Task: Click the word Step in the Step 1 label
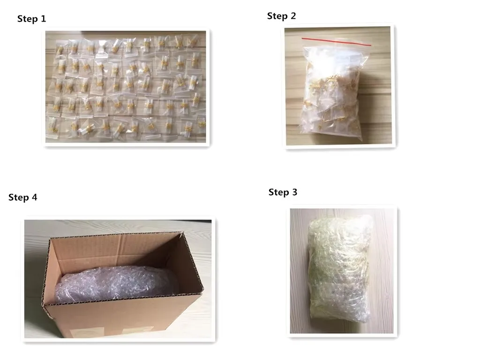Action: [x=28, y=19]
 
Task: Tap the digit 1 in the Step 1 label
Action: [x=44, y=19]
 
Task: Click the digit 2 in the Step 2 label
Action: [x=293, y=16]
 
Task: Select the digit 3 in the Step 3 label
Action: [x=294, y=192]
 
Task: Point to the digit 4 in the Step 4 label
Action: [x=34, y=197]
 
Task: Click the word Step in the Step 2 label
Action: [x=277, y=16]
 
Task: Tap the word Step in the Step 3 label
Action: [x=278, y=192]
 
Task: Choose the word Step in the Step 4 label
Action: [x=18, y=197]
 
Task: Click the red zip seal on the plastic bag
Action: [x=337, y=42]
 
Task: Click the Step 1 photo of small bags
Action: [x=126, y=87]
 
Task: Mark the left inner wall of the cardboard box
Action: [x=52, y=270]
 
